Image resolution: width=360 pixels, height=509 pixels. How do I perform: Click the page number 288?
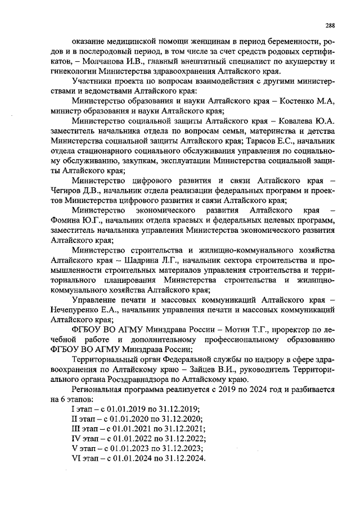point(331,25)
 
